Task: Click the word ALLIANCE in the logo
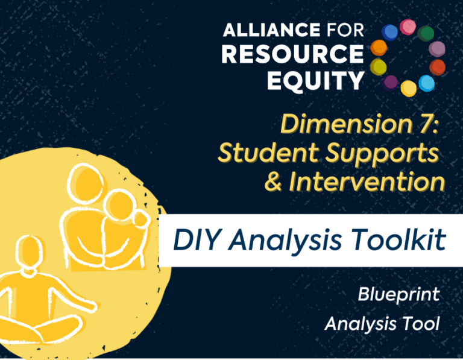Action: click(x=271, y=30)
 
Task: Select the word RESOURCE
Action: click(x=292, y=54)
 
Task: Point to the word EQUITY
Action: click(x=315, y=81)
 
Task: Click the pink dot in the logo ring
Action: click(x=408, y=27)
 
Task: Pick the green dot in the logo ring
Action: click(x=426, y=34)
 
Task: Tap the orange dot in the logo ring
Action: click(x=379, y=48)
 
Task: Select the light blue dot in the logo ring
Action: click(x=426, y=83)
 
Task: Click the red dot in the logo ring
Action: click(x=437, y=67)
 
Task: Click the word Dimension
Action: click(x=345, y=124)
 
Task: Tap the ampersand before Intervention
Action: click(x=274, y=181)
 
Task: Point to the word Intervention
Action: click(x=367, y=181)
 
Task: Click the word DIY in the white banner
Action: click(x=195, y=239)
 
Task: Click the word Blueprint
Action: click(x=398, y=295)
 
